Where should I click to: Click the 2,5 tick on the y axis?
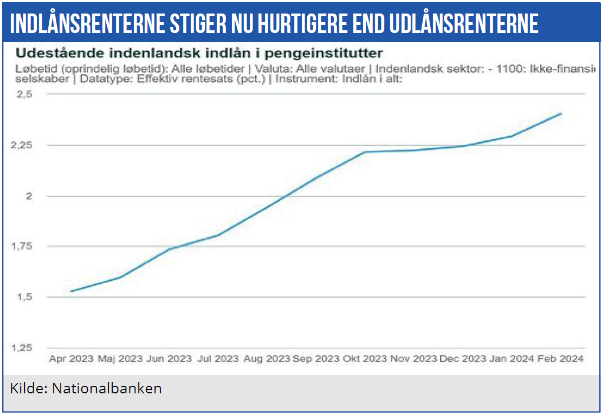(x=26, y=94)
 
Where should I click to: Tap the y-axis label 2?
(x=30, y=196)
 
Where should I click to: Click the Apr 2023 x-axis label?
(x=71, y=359)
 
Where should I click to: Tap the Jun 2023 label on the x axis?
(x=169, y=359)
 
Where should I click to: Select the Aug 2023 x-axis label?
(x=267, y=359)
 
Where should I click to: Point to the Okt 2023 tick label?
(x=364, y=359)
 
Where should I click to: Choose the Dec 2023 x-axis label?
(x=462, y=359)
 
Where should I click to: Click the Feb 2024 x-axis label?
(x=560, y=359)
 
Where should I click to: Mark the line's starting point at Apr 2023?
(x=71, y=292)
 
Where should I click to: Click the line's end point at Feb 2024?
(x=561, y=114)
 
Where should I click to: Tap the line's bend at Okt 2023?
(x=365, y=152)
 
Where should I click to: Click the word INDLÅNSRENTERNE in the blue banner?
(x=80, y=23)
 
